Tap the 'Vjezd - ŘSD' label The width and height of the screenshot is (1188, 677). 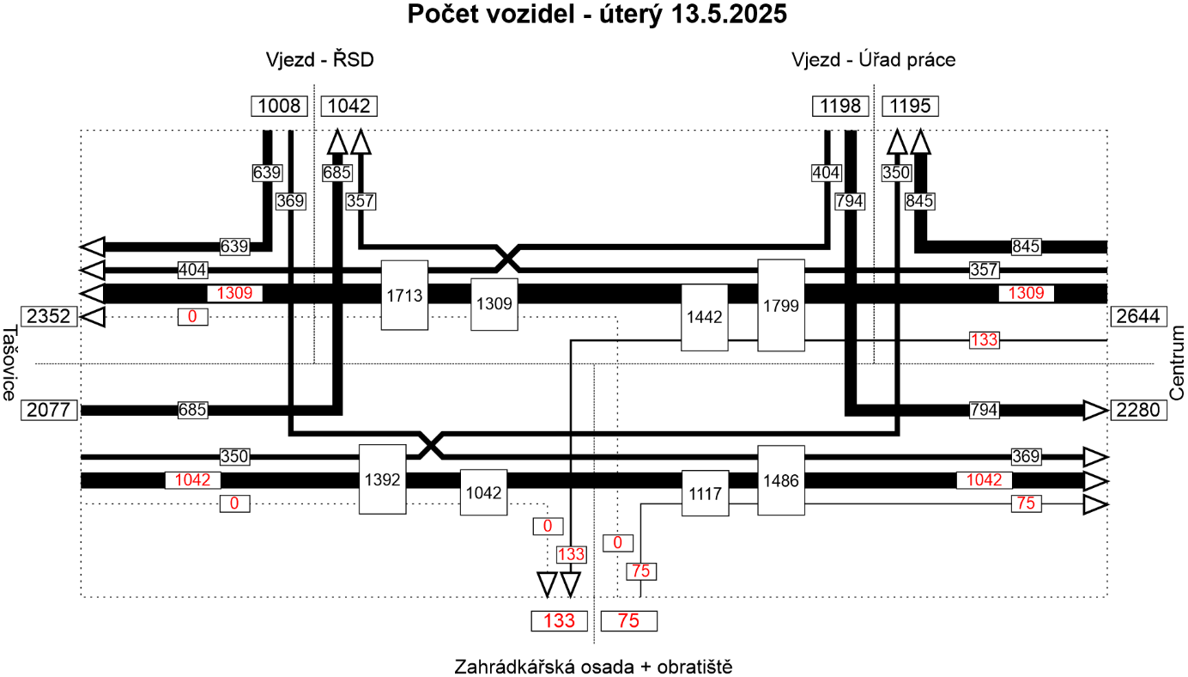320,60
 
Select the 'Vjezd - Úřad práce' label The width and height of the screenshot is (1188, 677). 873,60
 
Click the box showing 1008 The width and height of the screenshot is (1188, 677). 279,107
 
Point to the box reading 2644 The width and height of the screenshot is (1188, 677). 1137,316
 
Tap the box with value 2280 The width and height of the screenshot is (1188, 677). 1137,410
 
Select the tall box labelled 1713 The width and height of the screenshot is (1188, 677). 404,295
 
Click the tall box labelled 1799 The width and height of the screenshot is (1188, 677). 781,304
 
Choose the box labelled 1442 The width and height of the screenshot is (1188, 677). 705,317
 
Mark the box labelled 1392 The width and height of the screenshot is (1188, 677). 382,479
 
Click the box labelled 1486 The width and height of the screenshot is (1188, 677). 781,480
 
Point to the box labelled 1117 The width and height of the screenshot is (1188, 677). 705,493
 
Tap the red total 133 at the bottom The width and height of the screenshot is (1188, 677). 559,621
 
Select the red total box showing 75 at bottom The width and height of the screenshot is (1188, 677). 629,621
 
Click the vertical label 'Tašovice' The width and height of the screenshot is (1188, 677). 9,363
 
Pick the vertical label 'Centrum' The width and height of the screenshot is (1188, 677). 1176,363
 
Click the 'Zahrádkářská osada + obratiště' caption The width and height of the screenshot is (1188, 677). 593,666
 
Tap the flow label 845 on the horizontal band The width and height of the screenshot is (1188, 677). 1027,247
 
